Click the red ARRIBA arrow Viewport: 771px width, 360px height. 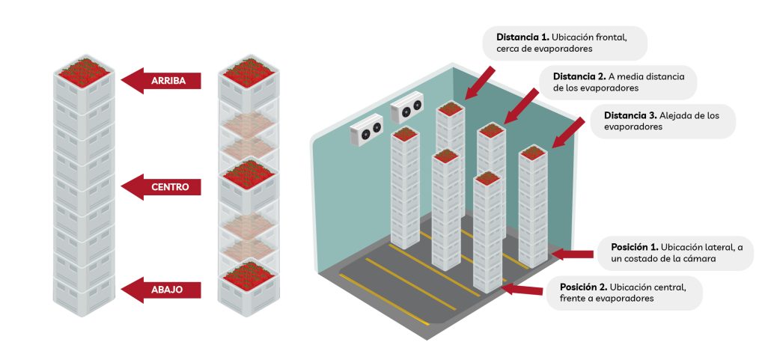tap(161, 80)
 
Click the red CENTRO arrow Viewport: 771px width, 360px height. tap(161, 186)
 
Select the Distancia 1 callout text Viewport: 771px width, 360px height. tap(561, 43)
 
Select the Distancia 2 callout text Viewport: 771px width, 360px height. tap(620, 82)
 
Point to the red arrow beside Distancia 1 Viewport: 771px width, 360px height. tap(480, 82)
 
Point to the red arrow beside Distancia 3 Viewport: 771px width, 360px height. tap(567, 132)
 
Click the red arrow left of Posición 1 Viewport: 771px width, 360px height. tap(574, 254)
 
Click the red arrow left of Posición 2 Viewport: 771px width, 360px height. tap(524, 289)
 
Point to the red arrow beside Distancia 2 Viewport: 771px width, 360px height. tap(522, 104)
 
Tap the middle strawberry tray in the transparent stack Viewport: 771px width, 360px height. tap(248, 173)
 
